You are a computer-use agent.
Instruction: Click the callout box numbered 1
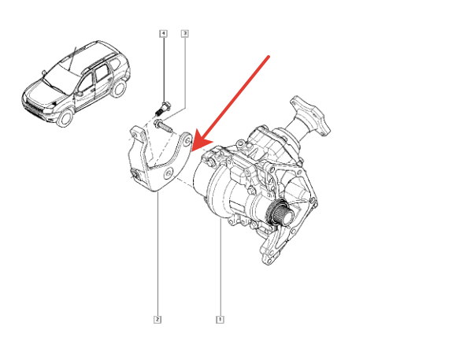(x=220, y=319)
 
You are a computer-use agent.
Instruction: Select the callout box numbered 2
(x=157, y=319)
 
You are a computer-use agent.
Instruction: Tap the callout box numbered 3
(x=185, y=33)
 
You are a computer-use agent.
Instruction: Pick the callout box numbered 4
(x=164, y=33)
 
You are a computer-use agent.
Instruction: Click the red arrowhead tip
(x=191, y=151)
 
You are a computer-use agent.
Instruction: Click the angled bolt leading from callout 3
(x=163, y=126)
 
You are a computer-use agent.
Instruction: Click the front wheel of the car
(x=65, y=117)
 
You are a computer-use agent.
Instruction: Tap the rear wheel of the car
(x=119, y=89)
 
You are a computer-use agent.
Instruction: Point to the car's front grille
(x=34, y=109)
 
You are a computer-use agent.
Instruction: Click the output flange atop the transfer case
(x=310, y=117)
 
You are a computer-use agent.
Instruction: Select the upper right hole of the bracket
(x=187, y=141)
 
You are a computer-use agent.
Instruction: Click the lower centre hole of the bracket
(x=168, y=174)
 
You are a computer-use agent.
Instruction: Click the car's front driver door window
(x=87, y=83)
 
